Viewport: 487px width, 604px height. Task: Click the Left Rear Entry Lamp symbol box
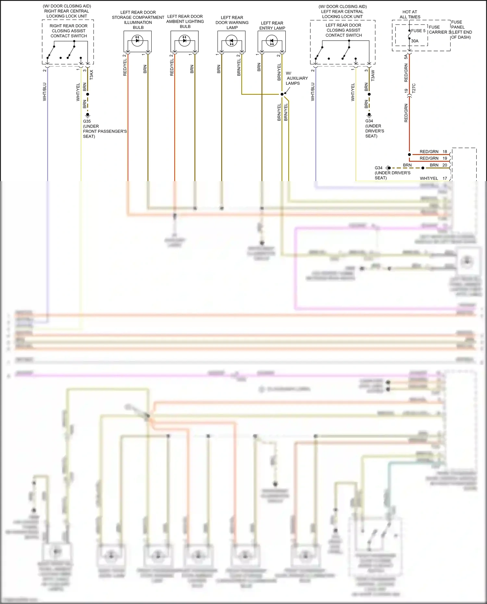click(x=271, y=42)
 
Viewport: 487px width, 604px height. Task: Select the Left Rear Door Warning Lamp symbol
click(x=231, y=41)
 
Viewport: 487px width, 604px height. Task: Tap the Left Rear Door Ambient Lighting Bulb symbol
click(x=184, y=41)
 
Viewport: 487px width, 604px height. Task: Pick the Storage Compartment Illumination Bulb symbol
click(x=137, y=41)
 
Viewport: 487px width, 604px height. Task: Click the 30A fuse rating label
click(x=415, y=41)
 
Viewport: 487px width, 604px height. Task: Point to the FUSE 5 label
click(x=418, y=31)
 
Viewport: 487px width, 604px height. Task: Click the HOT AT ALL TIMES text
click(x=410, y=14)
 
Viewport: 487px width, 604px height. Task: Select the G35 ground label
click(x=87, y=121)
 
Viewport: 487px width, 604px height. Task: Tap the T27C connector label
click(x=414, y=88)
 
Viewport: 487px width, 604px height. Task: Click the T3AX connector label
click(x=91, y=75)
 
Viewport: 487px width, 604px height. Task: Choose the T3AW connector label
click(x=373, y=75)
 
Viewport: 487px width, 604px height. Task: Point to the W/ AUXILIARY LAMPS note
click(x=296, y=78)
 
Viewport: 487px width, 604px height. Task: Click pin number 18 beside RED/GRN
click(x=445, y=152)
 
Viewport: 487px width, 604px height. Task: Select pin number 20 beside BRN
click(x=445, y=165)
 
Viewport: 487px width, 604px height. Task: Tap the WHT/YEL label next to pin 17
click(x=429, y=179)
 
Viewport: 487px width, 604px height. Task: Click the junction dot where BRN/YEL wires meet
click(x=282, y=94)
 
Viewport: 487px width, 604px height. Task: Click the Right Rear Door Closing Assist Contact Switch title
click(x=69, y=31)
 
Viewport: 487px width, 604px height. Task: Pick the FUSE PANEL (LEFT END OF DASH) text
click(x=461, y=30)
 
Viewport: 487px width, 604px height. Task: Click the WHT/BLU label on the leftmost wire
click(x=44, y=92)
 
